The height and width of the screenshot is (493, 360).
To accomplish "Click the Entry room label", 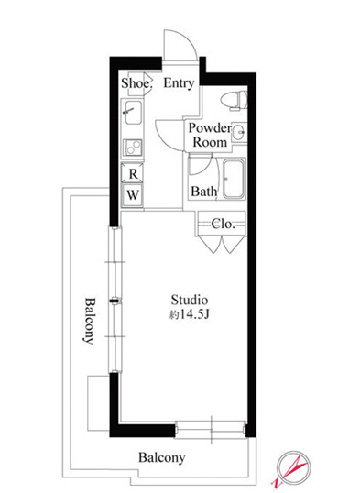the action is [x=179, y=83].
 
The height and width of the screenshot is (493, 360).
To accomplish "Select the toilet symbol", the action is [x=235, y=100].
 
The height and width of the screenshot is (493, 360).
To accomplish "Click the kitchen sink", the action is [x=133, y=112].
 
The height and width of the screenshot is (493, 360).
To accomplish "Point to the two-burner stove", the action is [x=133, y=148].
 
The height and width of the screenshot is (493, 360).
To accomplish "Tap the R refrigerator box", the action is [x=133, y=173].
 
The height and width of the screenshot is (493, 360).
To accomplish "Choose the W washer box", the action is [x=133, y=195].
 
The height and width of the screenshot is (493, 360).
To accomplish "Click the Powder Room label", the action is [x=210, y=136].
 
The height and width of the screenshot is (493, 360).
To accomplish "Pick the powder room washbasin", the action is [x=239, y=132].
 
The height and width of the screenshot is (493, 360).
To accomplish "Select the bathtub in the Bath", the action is [x=234, y=179].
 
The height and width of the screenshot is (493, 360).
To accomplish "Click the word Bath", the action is [x=203, y=192].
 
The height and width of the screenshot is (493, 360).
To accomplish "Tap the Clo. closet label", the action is [x=223, y=224].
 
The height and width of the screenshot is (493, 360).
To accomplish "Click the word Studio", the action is [x=190, y=300].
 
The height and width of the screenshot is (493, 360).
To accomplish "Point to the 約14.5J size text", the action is [x=190, y=314].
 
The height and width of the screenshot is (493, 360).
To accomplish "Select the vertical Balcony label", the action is [x=90, y=321].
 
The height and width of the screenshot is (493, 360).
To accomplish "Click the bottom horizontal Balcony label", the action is [x=161, y=458].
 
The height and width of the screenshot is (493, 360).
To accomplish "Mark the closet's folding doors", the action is [x=222, y=244].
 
